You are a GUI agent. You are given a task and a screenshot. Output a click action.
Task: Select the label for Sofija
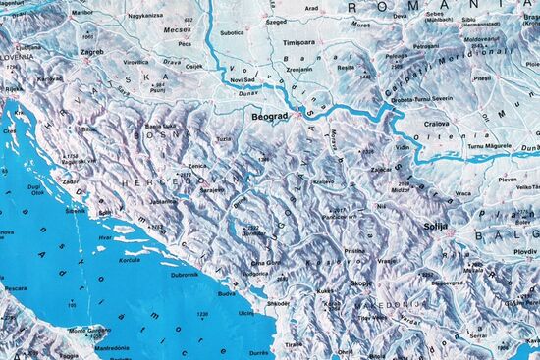[434, 226]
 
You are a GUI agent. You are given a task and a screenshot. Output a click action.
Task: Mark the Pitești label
[482, 77]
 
